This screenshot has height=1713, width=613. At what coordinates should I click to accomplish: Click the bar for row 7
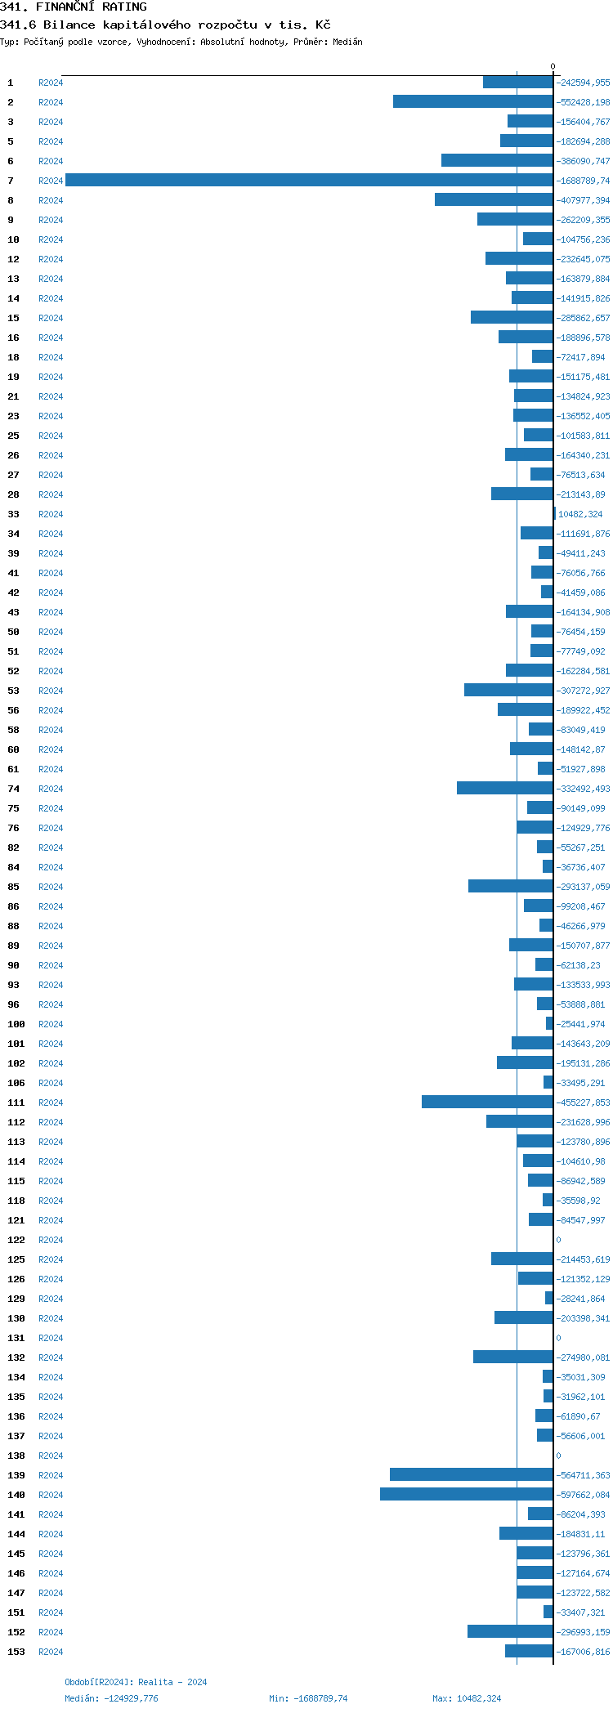point(309,180)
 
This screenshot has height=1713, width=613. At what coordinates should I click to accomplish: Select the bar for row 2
point(472,101)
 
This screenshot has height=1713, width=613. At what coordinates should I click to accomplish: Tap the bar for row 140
point(466,1494)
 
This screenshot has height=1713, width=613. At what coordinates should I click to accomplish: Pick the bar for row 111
point(487,1102)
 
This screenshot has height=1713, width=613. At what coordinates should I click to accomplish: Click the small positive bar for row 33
point(554,513)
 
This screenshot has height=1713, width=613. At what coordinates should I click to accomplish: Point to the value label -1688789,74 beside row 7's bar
point(584,181)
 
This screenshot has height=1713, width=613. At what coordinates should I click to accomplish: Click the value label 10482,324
point(580,514)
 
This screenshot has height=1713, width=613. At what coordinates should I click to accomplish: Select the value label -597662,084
point(584,1495)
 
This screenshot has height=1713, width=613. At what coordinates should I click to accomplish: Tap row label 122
point(16,1240)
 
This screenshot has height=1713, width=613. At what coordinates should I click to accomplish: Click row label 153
point(16,1652)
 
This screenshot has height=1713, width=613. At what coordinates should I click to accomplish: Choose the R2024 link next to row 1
point(51,83)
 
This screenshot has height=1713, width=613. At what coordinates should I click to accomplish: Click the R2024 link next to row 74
point(51,789)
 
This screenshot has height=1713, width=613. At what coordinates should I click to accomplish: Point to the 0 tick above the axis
point(553,66)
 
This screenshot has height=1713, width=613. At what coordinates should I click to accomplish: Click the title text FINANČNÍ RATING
point(92,7)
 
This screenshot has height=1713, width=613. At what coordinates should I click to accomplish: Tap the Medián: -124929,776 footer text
point(111,1698)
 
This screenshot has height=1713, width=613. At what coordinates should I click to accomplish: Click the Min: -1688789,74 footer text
point(308,1698)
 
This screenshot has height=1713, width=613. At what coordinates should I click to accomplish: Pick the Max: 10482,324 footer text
point(467,1698)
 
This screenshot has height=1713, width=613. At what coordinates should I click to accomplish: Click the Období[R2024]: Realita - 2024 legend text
point(136,1682)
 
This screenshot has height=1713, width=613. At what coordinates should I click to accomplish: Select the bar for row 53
point(508,690)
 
